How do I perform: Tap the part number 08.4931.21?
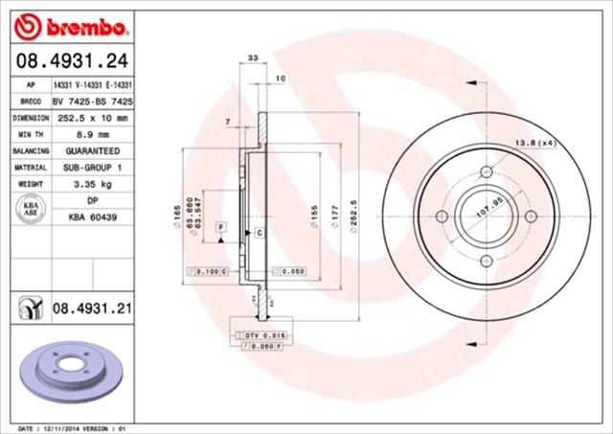click(91, 308)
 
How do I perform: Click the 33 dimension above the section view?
click(252, 59)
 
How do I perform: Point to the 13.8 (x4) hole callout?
click(535, 143)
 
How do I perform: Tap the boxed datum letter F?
click(221, 226)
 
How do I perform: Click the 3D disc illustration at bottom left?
click(68, 369)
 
